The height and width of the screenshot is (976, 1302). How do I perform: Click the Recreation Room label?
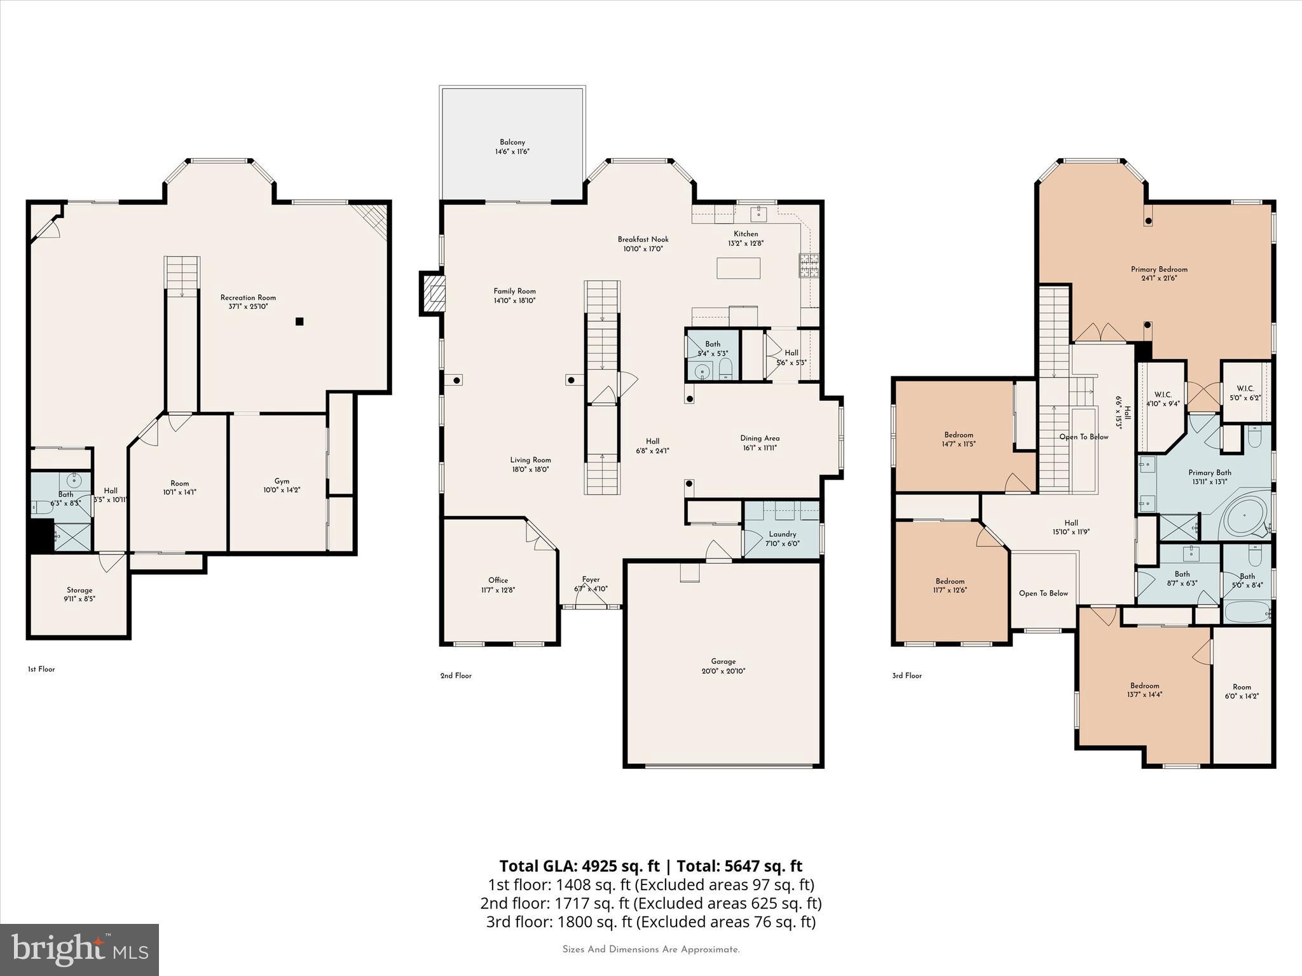pos(248,297)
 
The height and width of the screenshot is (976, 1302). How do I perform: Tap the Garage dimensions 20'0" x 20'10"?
pos(723,671)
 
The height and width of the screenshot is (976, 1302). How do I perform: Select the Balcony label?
pos(512,142)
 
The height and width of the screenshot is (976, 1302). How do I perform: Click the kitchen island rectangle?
pos(738,268)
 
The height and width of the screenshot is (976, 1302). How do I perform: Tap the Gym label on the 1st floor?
pos(282,481)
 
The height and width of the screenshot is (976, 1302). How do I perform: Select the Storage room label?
pos(79,590)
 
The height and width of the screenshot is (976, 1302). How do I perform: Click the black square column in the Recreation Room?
pos(299,322)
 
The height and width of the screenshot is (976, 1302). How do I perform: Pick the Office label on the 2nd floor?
pos(498,580)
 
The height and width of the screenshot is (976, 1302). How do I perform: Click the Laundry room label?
pos(782,534)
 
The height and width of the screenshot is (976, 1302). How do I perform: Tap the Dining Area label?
pos(760,438)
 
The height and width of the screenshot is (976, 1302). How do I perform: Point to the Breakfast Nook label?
pos(643,240)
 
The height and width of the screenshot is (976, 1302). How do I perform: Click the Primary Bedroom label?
pos(1159,269)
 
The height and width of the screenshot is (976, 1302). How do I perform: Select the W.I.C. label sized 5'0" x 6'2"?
pos(1245,389)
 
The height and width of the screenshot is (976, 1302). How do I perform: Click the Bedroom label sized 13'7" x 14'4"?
pos(1144,686)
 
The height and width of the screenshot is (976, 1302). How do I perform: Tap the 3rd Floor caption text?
pos(907,675)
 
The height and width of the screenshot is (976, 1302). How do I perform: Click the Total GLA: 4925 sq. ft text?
pos(579,866)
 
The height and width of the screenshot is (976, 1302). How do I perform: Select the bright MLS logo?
pos(79,950)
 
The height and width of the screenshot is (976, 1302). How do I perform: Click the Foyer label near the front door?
pos(591,579)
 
